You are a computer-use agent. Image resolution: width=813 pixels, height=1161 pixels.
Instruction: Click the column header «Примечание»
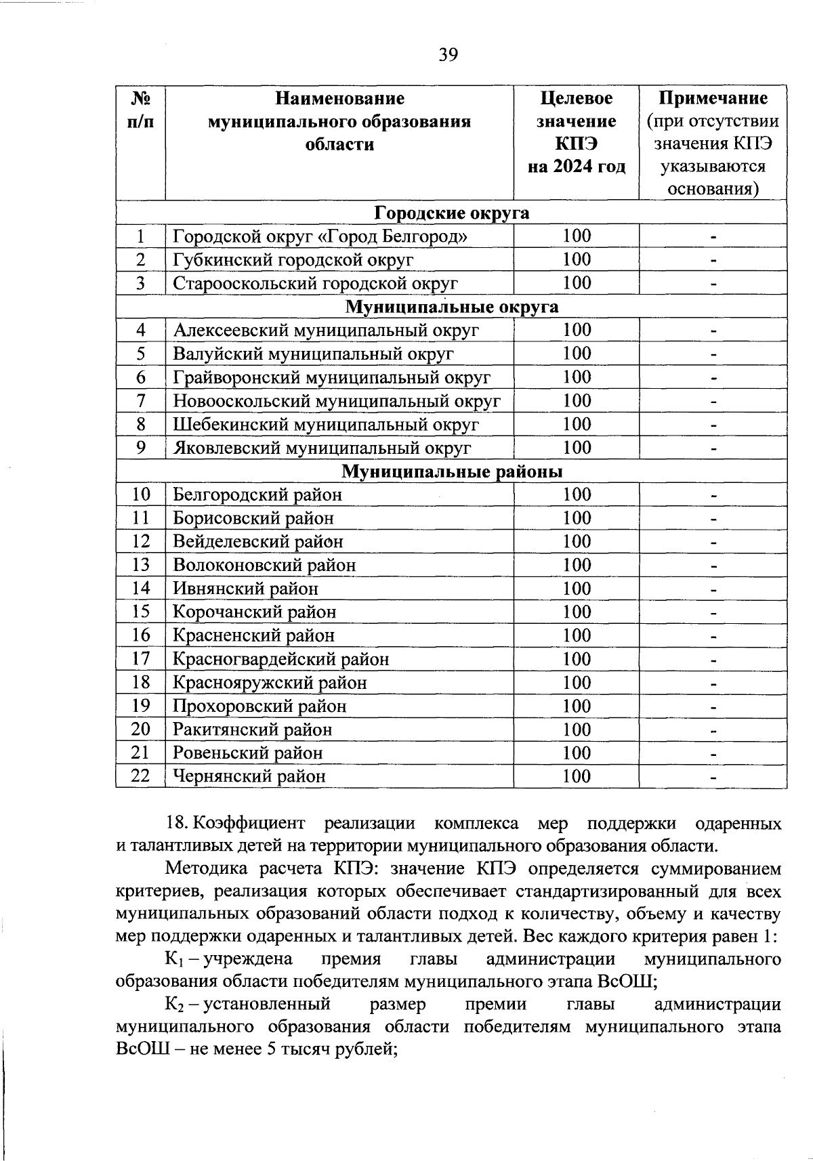[713, 98]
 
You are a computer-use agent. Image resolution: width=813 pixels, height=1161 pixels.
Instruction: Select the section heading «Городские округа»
[451, 213]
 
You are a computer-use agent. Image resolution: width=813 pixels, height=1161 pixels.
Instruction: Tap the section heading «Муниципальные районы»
[451, 471]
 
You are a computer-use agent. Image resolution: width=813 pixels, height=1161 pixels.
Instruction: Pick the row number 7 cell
[140, 400]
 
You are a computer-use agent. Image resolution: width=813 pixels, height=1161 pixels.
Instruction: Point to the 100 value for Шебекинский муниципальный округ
[577, 424]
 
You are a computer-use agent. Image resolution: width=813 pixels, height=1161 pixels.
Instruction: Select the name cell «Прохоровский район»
[259, 706]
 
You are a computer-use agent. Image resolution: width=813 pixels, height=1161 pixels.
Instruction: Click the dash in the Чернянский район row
[713, 778]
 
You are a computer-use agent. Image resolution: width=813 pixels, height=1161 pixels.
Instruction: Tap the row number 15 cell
[140, 612]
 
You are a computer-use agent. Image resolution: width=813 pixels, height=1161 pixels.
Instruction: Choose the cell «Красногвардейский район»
[280, 659]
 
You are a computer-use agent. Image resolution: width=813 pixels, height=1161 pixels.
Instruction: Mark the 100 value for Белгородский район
[577, 494]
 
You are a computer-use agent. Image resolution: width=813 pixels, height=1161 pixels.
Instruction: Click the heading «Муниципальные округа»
[451, 307]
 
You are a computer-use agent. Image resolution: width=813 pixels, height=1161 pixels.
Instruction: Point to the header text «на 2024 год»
[577, 167]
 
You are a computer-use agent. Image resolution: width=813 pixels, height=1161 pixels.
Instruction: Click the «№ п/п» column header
[140, 110]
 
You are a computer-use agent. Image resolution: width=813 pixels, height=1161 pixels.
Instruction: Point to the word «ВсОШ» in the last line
[139, 1049]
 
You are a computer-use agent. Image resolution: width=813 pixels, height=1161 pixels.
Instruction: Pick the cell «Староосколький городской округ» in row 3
[315, 283]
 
